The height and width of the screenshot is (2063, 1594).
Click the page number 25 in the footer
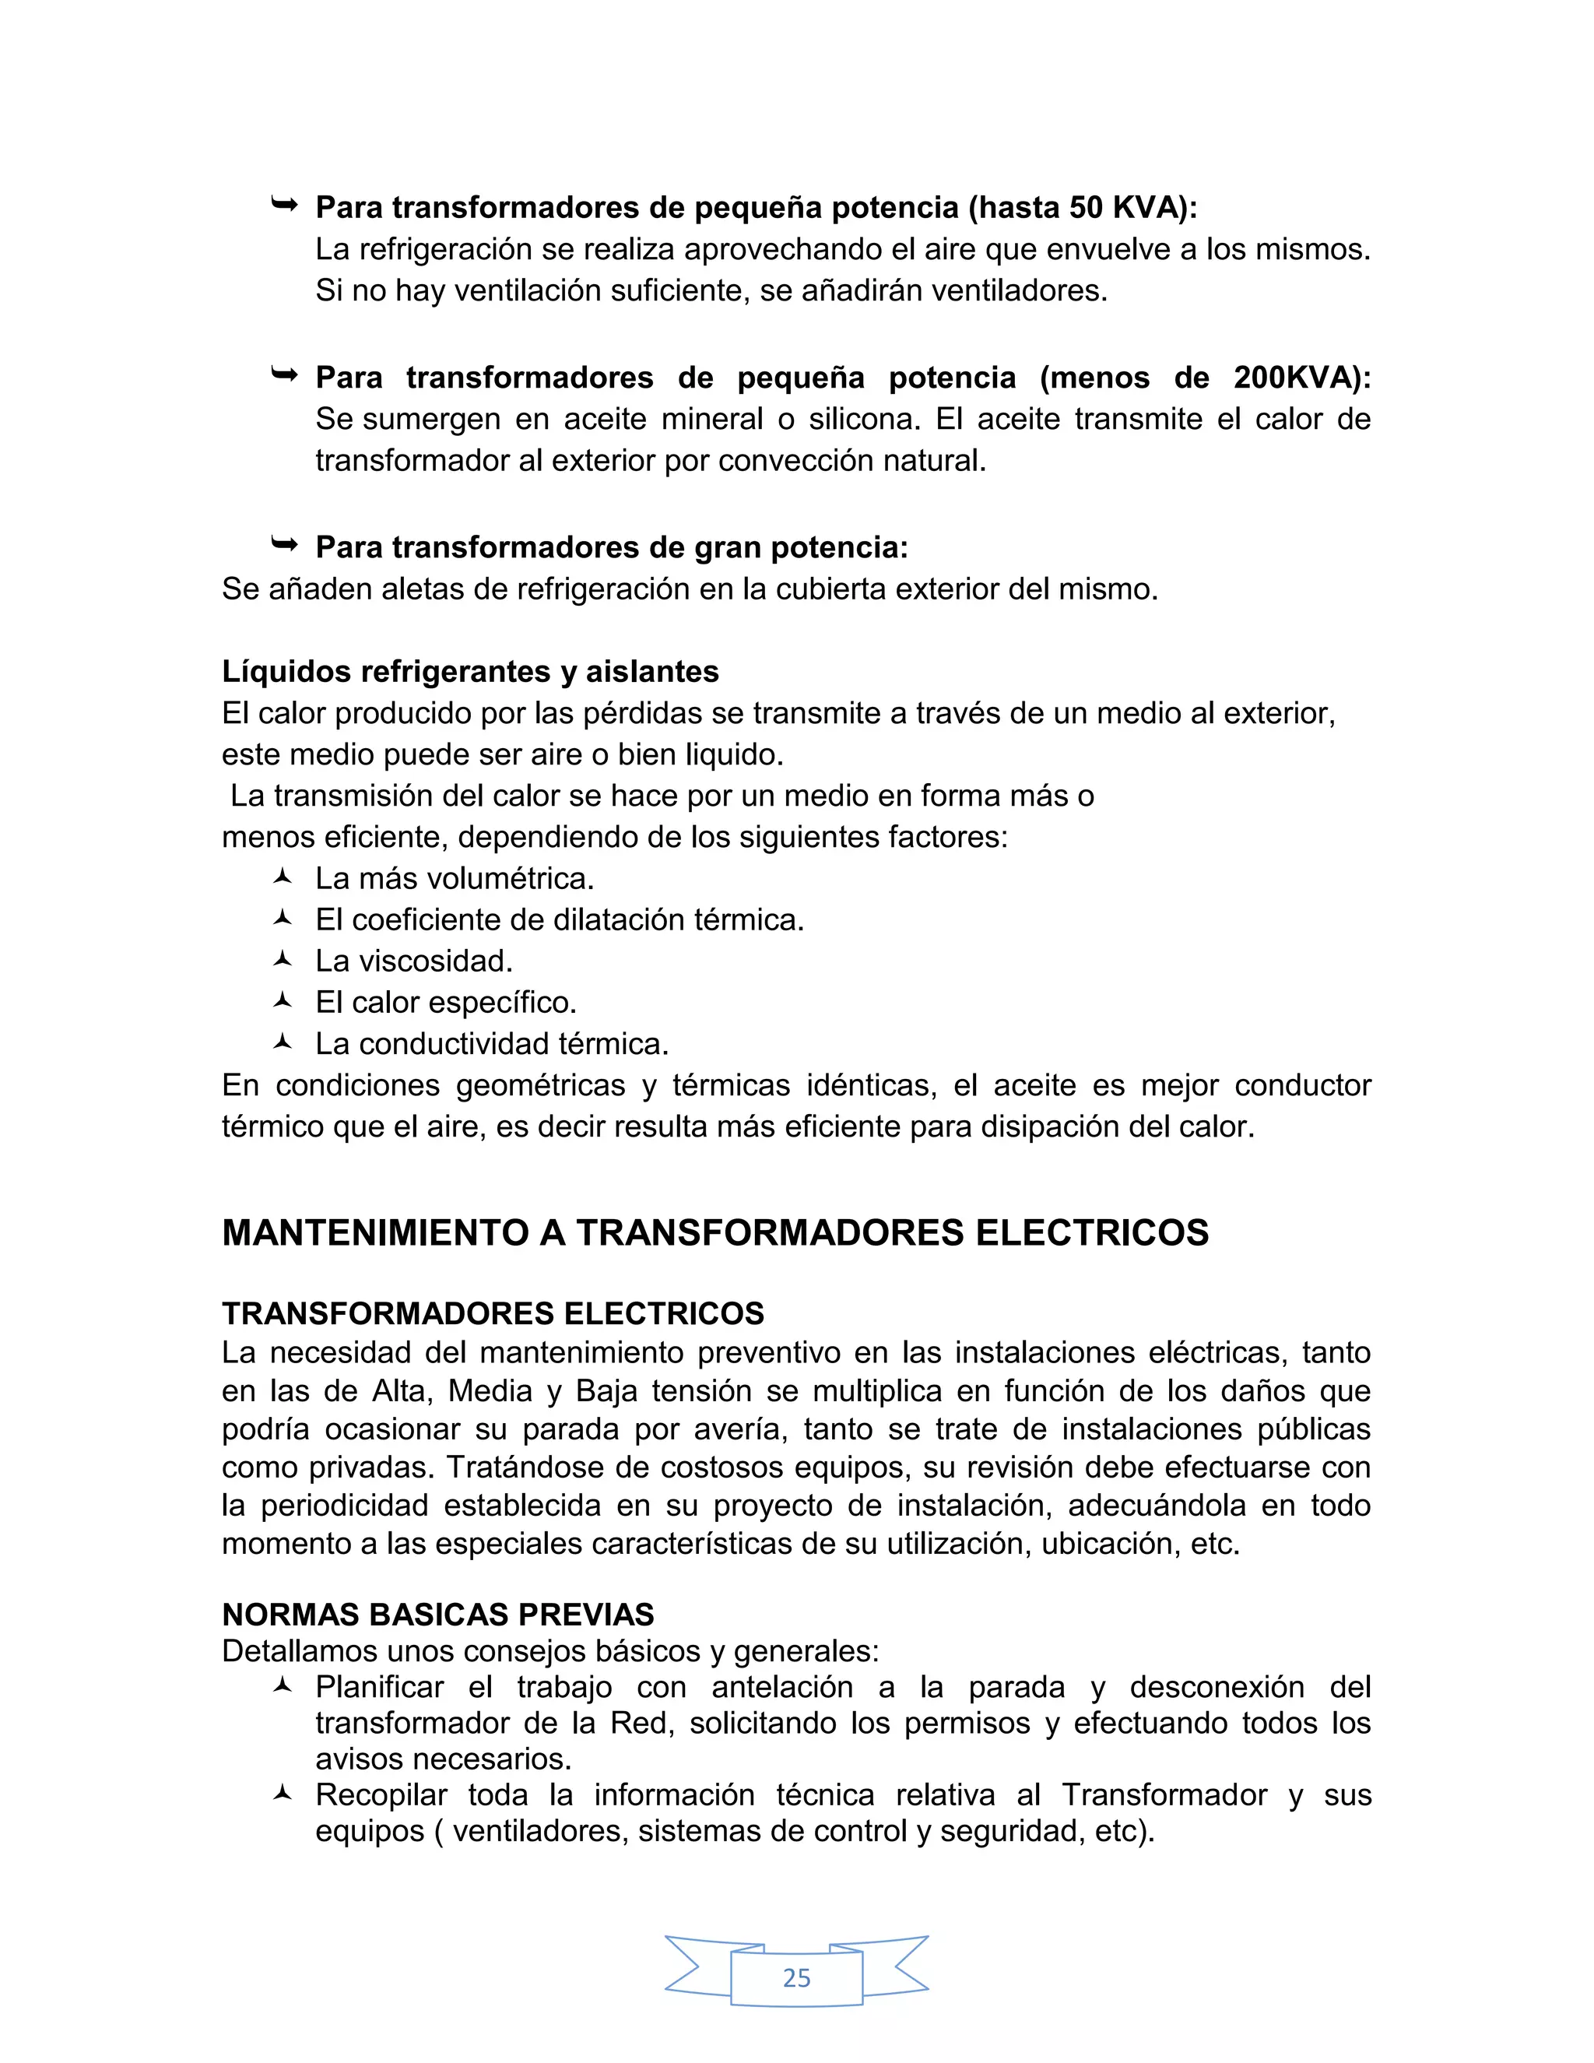pyautogui.click(x=796, y=1977)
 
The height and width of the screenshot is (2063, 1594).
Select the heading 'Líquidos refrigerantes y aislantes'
pyautogui.click(x=470, y=672)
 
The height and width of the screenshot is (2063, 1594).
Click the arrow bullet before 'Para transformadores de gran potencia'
pyautogui.click(x=283, y=544)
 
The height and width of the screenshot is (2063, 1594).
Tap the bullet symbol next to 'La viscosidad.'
pyautogui.click(x=283, y=959)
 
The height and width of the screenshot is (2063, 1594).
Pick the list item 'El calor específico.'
pyautogui.click(x=446, y=1002)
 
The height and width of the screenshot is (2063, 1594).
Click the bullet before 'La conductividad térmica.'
pyautogui.click(x=283, y=1042)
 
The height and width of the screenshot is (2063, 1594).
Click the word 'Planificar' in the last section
pyautogui.click(x=380, y=1687)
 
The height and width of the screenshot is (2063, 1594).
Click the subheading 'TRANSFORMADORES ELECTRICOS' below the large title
pyautogui.click(x=493, y=1314)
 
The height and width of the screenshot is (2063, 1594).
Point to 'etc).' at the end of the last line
pyautogui.click(x=1125, y=1831)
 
